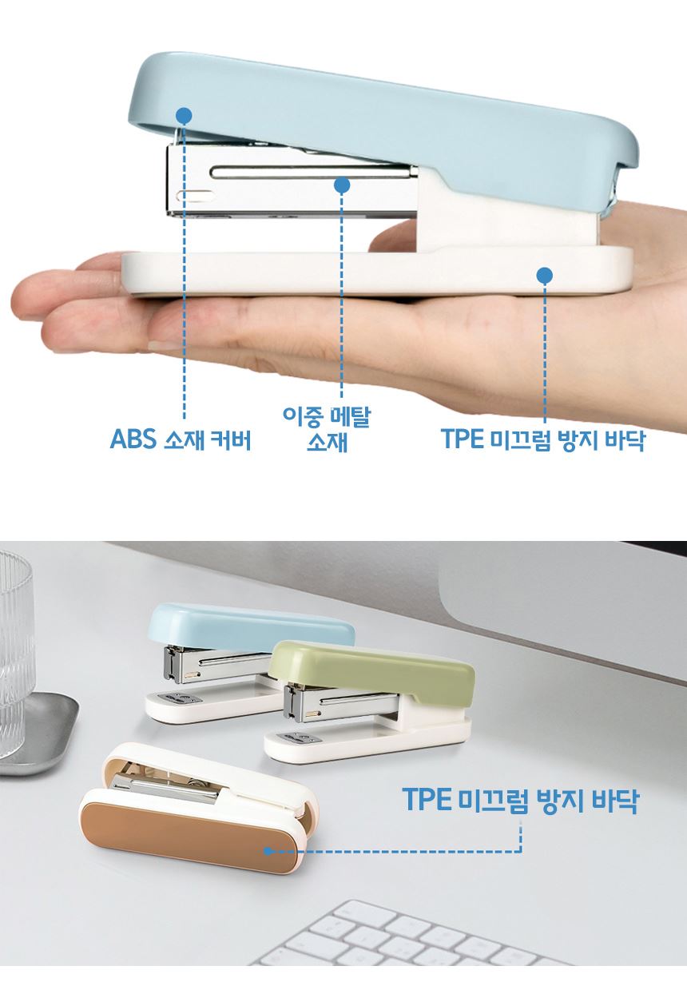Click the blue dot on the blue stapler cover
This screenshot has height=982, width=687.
[x=184, y=115]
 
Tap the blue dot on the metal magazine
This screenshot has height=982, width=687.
[x=342, y=185]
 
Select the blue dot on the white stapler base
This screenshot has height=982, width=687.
[x=545, y=276]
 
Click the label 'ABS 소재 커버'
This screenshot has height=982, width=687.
[x=181, y=439]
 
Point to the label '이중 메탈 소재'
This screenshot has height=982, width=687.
[x=327, y=429]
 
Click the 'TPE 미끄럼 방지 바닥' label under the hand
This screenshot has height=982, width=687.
[x=543, y=439]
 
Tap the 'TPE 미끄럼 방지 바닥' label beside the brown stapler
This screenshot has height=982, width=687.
[x=519, y=800]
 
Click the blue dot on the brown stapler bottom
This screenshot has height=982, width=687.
[x=268, y=851]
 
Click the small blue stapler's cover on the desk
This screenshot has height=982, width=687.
[x=250, y=623]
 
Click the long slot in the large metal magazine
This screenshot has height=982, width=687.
[x=313, y=172]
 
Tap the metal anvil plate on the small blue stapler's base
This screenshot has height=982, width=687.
[x=177, y=698]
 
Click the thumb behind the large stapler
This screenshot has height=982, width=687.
[x=395, y=235]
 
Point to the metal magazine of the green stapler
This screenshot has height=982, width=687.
[x=341, y=701]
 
